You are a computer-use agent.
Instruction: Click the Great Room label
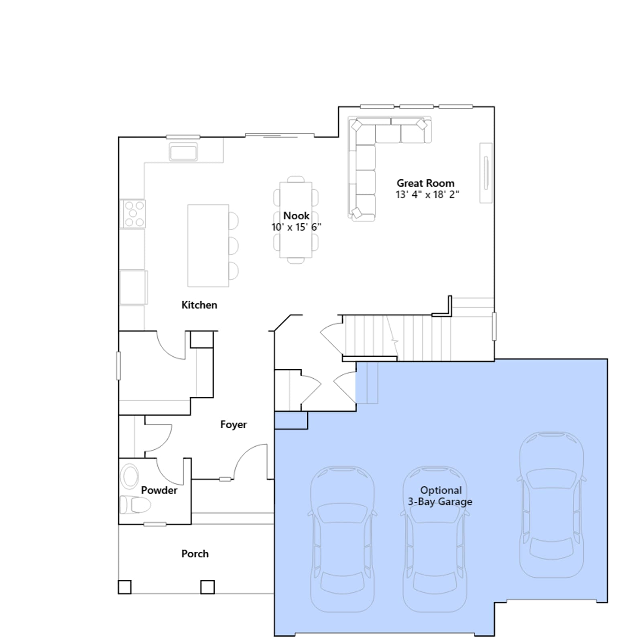pyautogui.click(x=425, y=183)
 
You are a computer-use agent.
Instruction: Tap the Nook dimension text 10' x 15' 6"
pyautogui.click(x=296, y=227)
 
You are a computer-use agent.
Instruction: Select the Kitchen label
pyautogui.click(x=199, y=305)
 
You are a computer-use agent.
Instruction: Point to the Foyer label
pyautogui.click(x=234, y=425)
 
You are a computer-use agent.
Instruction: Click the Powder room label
pyautogui.click(x=159, y=490)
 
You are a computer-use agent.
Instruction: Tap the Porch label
pyautogui.click(x=195, y=554)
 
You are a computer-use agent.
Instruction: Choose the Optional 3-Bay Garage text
pyautogui.click(x=440, y=496)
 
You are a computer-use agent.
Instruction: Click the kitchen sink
pyautogui.click(x=183, y=152)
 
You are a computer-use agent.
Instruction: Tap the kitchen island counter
pyautogui.click(x=208, y=246)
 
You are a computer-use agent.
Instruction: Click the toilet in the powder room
pyautogui.click(x=135, y=505)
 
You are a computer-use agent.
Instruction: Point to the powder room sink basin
pyautogui.click(x=130, y=477)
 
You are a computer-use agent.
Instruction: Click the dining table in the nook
pyautogui.click(x=296, y=220)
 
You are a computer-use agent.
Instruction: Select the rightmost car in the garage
pyautogui.click(x=552, y=504)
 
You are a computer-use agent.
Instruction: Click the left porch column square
pyautogui.click(x=124, y=587)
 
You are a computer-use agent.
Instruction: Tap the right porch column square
pyautogui.click(x=207, y=587)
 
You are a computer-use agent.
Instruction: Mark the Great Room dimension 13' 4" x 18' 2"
pyautogui.click(x=427, y=195)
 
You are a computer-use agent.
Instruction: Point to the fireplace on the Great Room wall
pyautogui.click(x=486, y=173)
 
